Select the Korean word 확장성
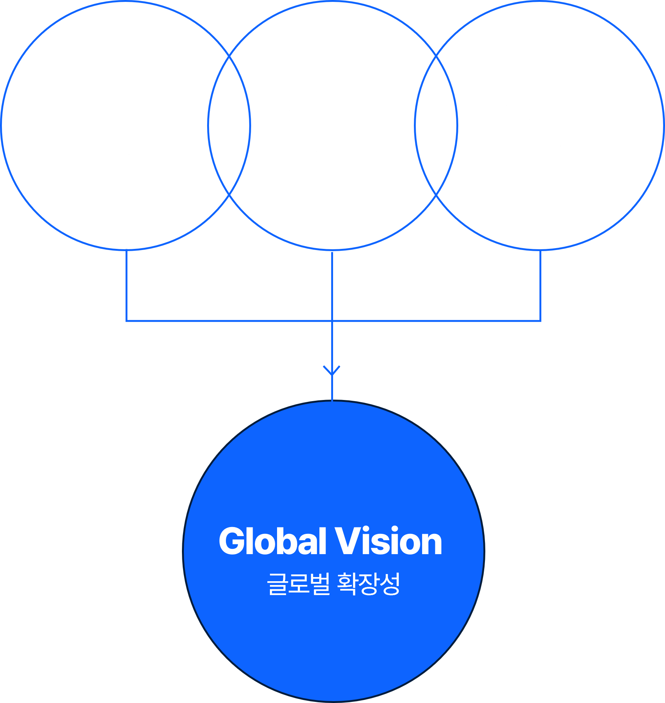point(368,584)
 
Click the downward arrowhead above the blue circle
point(332,370)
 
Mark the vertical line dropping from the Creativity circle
point(126,286)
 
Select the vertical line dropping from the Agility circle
point(540,286)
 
